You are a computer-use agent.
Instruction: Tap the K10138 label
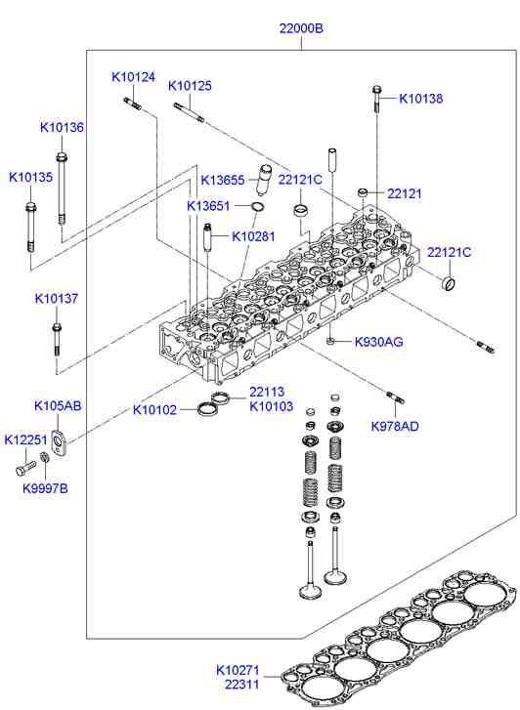pos(421,98)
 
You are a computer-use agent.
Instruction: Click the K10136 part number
pos(62,127)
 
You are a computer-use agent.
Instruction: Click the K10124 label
pos(133,77)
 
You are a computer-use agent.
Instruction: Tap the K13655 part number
pos(223,180)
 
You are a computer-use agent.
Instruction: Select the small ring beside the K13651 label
pos(257,207)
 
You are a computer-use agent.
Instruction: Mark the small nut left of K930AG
pos(332,341)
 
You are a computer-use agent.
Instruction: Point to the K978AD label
pos(395,426)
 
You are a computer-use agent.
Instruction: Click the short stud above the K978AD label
pos(395,397)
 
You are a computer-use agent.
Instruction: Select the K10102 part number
pos(155,409)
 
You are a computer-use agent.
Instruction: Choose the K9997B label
pos(45,487)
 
